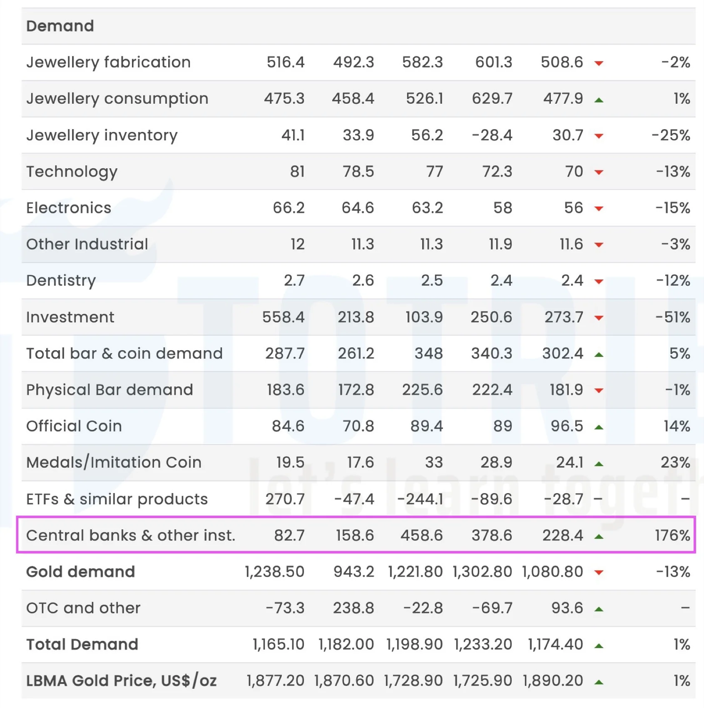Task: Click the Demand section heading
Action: point(60,26)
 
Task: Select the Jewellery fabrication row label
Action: point(108,62)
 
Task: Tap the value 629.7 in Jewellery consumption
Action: point(492,99)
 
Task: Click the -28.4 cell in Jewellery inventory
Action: point(492,135)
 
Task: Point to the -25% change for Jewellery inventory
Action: point(671,135)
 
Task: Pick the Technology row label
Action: point(72,172)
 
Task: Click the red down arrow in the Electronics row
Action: point(599,209)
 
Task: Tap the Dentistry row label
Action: point(61,281)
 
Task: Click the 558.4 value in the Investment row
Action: point(283,317)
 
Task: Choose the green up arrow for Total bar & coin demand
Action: point(599,355)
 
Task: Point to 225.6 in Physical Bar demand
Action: point(422,390)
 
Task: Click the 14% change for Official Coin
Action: point(677,426)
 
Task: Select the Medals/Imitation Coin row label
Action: point(114,462)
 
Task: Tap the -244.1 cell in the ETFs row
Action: point(420,499)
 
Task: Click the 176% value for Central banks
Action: point(672,536)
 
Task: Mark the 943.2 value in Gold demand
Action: point(353,572)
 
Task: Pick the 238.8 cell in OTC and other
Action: point(353,608)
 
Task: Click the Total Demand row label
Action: point(82,645)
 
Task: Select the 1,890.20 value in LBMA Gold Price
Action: point(552,681)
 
